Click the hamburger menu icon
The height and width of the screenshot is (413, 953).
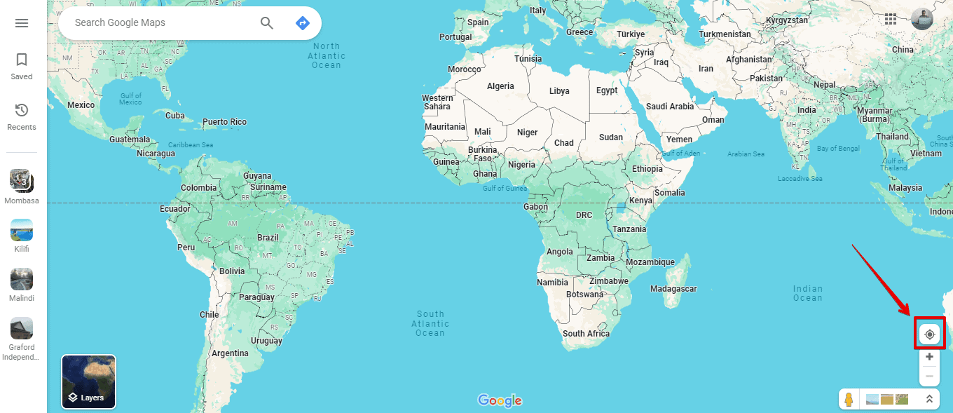click(22, 23)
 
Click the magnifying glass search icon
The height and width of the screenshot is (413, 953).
click(267, 23)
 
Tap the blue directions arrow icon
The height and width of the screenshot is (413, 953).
click(303, 23)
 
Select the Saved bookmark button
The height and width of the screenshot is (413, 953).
click(22, 65)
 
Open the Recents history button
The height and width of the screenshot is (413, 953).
click(22, 116)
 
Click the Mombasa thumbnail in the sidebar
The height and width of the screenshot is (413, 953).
click(22, 181)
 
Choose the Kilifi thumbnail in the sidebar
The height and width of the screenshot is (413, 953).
click(22, 230)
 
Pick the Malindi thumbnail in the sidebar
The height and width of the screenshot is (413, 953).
click(22, 279)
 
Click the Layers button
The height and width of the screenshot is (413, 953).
click(89, 381)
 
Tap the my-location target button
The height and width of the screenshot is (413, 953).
click(929, 334)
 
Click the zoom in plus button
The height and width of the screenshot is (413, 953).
click(929, 357)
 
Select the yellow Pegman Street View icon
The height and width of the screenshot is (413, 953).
click(849, 400)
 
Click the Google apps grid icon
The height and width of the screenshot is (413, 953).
click(891, 20)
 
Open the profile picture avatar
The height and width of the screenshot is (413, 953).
click(922, 20)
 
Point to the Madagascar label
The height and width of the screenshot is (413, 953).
click(673, 289)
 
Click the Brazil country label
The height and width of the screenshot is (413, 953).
click(268, 238)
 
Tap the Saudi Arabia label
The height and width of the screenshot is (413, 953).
click(670, 107)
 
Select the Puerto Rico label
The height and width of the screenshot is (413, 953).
click(224, 122)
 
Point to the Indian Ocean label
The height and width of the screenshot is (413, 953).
click(808, 293)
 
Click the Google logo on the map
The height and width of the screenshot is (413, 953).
click(500, 400)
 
